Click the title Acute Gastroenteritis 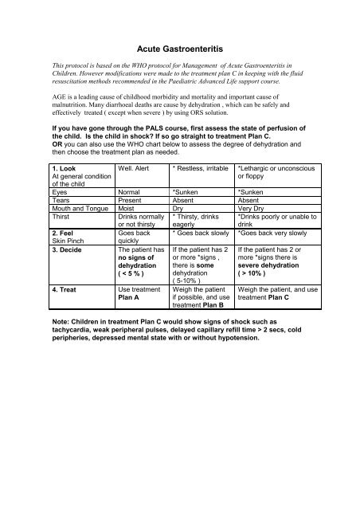coord(179,49)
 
